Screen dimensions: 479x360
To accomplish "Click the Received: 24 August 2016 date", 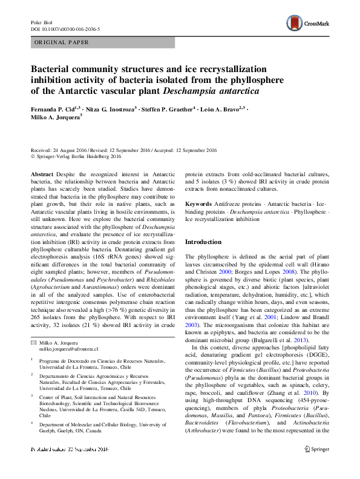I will pyautogui.click(x=60, y=150).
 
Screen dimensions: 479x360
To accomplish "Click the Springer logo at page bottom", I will pyautogui.click(x=316, y=466).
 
